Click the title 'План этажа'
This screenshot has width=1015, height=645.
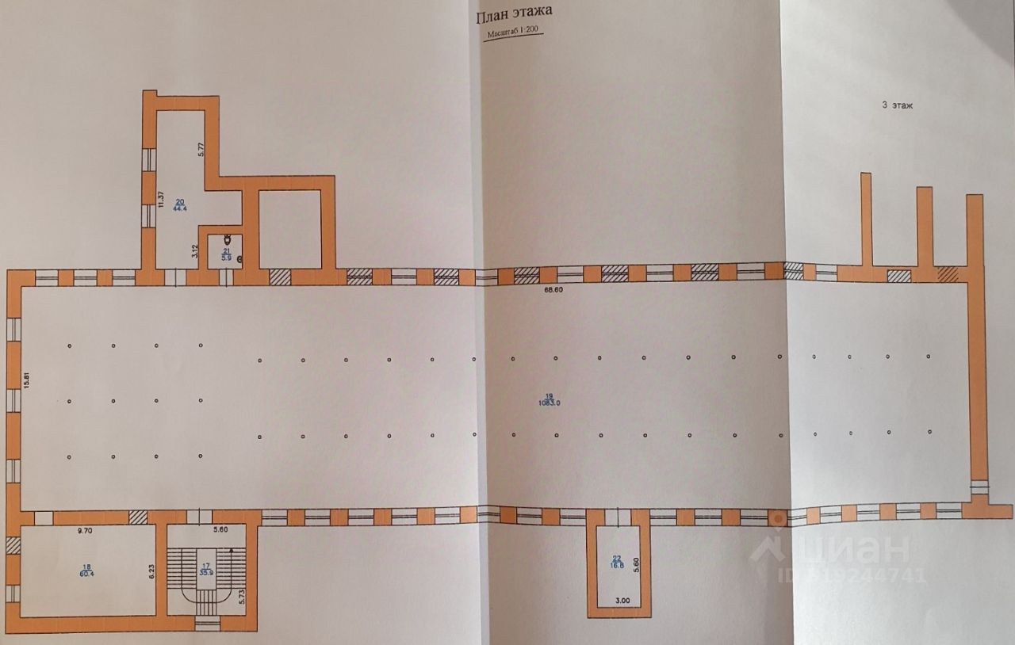pos(514,16)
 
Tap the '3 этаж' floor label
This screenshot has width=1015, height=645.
pos(898,105)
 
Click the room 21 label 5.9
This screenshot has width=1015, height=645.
pos(225,255)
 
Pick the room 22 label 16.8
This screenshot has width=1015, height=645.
pos(617,562)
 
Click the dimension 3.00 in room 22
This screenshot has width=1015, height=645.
pos(622,601)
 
